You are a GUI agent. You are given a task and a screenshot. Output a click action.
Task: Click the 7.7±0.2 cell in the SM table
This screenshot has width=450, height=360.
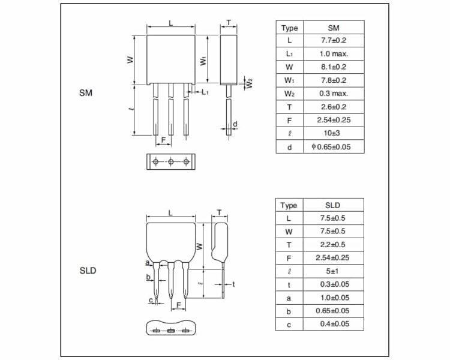(334, 40)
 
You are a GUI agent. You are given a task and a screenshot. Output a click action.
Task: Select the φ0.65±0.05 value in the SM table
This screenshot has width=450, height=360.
(331, 147)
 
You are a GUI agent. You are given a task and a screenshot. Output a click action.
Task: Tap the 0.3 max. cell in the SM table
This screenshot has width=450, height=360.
(334, 94)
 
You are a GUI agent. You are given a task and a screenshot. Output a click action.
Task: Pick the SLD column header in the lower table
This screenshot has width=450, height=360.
(332, 205)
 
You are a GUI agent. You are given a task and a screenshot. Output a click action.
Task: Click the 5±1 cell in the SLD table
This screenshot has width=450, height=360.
(332, 271)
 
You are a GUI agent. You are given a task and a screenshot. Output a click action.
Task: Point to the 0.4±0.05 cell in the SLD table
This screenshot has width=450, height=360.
(335, 324)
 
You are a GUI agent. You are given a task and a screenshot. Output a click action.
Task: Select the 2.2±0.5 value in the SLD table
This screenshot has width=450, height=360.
(332, 245)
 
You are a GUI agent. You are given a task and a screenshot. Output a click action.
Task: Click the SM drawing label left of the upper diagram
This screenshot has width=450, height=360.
(86, 93)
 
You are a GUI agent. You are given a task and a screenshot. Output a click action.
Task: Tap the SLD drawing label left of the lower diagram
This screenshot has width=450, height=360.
(88, 271)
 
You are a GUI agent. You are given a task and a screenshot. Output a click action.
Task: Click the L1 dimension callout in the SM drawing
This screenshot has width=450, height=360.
(205, 92)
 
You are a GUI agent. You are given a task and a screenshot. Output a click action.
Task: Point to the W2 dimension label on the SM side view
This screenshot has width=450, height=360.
(249, 83)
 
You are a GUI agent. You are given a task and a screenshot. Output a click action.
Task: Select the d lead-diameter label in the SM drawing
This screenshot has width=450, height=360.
(235, 124)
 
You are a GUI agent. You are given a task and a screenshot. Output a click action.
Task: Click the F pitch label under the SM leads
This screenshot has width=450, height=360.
(163, 140)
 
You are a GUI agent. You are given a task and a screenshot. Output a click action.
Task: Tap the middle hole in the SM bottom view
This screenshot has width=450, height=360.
(171, 162)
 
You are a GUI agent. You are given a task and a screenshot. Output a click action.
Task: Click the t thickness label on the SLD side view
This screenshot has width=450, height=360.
(233, 284)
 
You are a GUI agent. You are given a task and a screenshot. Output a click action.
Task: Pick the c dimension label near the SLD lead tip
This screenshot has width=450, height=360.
(151, 300)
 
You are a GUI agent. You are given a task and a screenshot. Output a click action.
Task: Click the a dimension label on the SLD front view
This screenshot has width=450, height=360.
(147, 263)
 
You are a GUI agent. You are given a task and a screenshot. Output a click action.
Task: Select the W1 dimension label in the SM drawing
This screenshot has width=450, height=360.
(203, 61)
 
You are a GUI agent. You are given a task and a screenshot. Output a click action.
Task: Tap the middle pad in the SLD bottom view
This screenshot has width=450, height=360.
(171, 331)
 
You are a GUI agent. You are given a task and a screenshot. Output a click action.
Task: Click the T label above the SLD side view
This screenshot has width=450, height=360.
(219, 212)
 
